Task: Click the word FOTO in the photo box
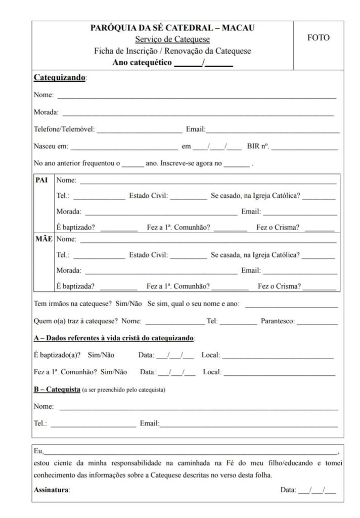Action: click(318, 38)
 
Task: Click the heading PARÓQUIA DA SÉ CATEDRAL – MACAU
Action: click(172, 27)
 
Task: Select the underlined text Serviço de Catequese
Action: click(172, 39)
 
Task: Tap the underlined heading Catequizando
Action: click(59, 78)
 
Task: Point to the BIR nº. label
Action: click(258, 147)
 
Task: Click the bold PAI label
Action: click(41, 180)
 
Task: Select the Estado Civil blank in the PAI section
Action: click(188, 197)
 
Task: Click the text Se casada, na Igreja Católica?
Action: click(255, 255)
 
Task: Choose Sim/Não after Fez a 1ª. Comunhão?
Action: click(114, 372)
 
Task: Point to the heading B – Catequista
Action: click(57, 390)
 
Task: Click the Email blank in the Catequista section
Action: click(249, 424)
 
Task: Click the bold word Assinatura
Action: click(52, 490)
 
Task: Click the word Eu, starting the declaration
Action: click(38, 451)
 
